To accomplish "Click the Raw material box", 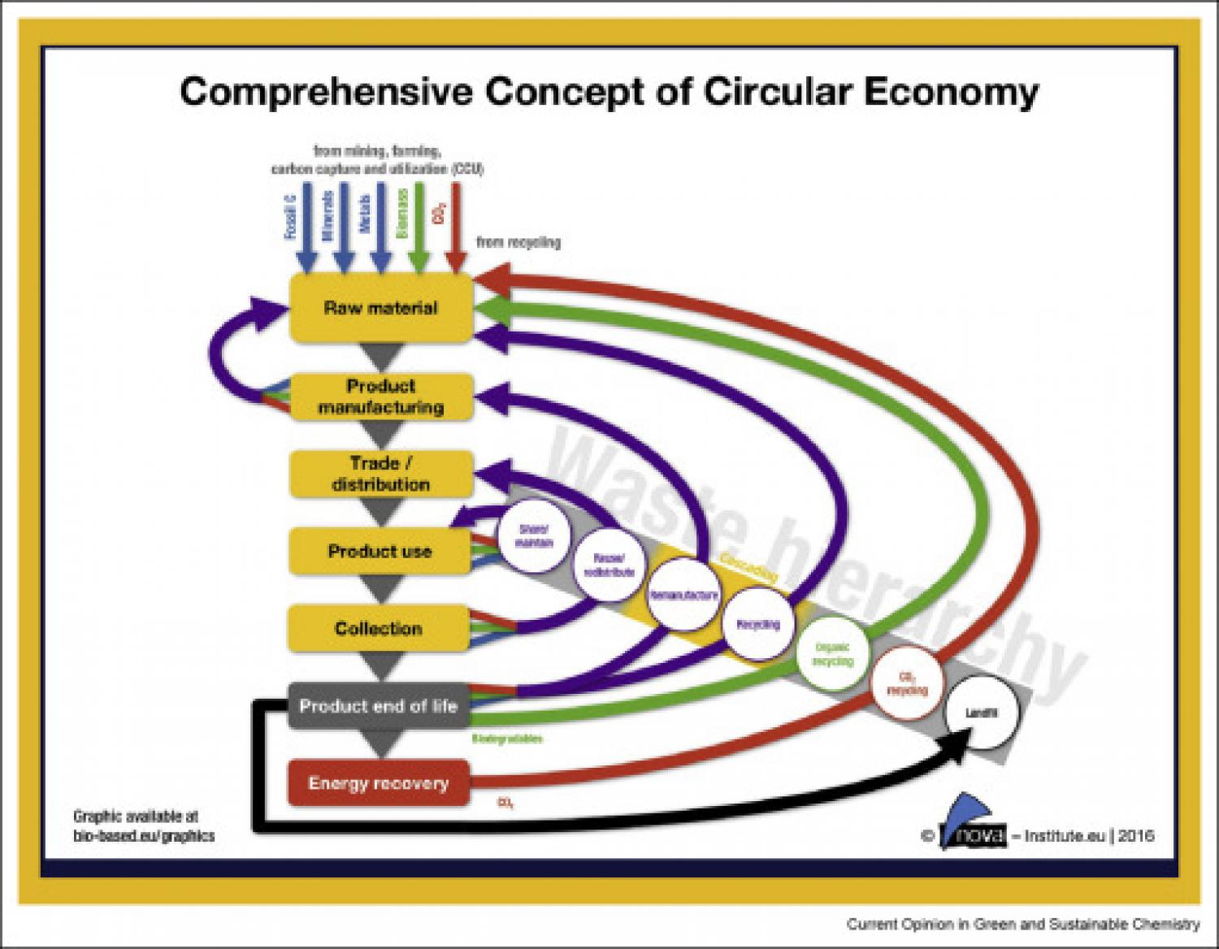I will [380, 308].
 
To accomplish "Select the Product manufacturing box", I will [380, 396].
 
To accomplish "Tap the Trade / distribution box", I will [380, 474].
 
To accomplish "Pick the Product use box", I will [380, 551].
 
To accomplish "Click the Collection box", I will [379, 628].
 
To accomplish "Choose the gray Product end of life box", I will [379, 705].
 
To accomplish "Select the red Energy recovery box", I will [379, 783].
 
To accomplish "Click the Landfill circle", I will [981, 713].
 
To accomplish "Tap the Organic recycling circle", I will [832, 654].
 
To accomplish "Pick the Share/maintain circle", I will [534, 535].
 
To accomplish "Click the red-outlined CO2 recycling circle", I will [906, 683].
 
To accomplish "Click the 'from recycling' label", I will [518, 242].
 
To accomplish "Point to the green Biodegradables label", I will [507, 739].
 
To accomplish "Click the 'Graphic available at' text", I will [136, 817].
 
